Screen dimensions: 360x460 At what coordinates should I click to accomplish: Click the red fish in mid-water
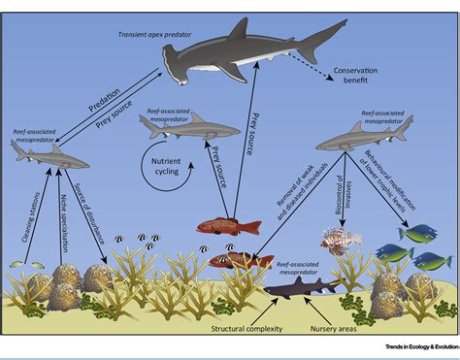tap(229, 226)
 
